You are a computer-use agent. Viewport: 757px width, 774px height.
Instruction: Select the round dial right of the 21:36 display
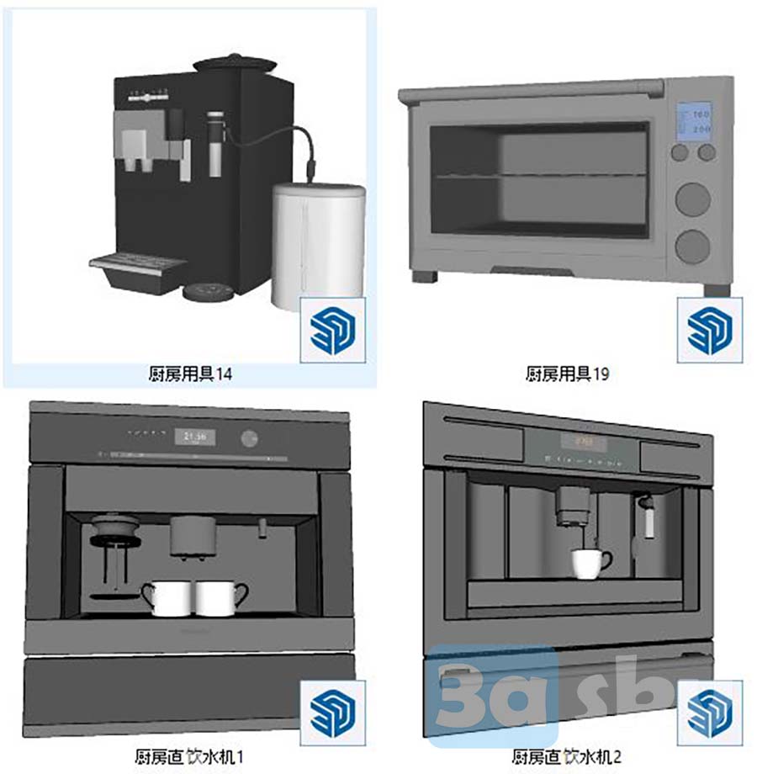tap(249, 437)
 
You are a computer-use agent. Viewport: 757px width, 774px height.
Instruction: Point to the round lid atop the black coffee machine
tap(234, 63)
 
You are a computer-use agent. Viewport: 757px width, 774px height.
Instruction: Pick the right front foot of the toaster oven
tap(717, 289)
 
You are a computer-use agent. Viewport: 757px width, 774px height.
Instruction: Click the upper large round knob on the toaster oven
tap(693, 199)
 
